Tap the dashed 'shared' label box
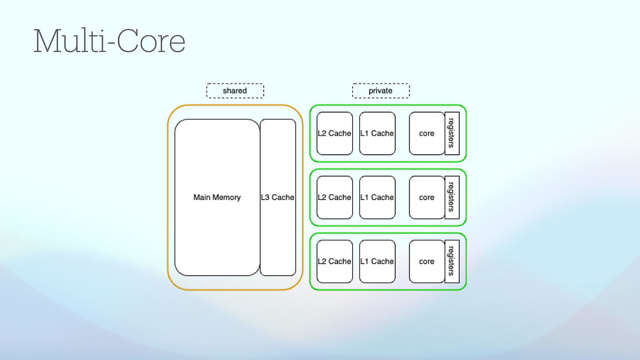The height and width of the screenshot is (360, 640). (x=235, y=91)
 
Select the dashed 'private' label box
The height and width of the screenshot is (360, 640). (x=381, y=91)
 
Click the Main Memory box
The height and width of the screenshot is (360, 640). (x=217, y=197)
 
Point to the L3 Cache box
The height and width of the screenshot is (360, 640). (x=278, y=197)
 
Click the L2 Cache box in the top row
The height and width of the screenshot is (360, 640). (x=335, y=133)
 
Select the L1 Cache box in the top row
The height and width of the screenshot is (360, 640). (x=377, y=133)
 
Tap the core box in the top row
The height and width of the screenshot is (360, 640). (x=426, y=133)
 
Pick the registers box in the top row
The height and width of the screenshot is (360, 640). (x=452, y=133)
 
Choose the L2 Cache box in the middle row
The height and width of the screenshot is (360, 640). (x=335, y=197)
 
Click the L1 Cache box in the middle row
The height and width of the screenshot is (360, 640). (x=377, y=197)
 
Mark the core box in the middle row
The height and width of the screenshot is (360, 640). (x=426, y=197)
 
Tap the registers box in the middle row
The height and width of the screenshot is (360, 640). (x=452, y=197)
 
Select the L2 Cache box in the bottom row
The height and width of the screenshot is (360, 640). (x=335, y=261)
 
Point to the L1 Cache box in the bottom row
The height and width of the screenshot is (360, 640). (x=377, y=261)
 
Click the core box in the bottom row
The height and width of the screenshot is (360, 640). (x=426, y=261)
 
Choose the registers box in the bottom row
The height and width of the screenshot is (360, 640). (x=452, y=261)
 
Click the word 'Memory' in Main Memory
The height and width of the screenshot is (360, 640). (x=227, y=197)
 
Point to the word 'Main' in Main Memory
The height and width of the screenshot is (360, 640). (x=202, y=197)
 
